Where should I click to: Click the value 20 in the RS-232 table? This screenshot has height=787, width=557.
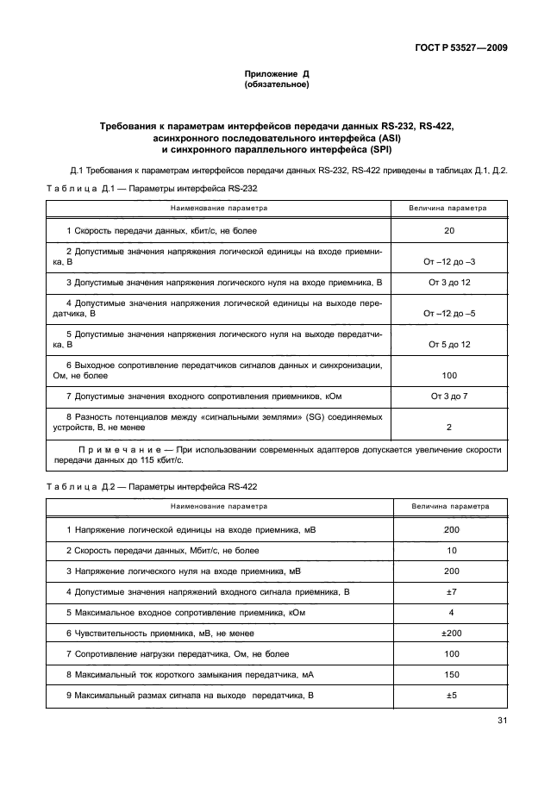point(449,231)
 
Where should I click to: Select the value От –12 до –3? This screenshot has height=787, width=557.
point(449,260)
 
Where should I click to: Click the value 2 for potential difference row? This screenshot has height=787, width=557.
point(449,427)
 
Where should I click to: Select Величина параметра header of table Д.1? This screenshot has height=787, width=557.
point(449,208)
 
